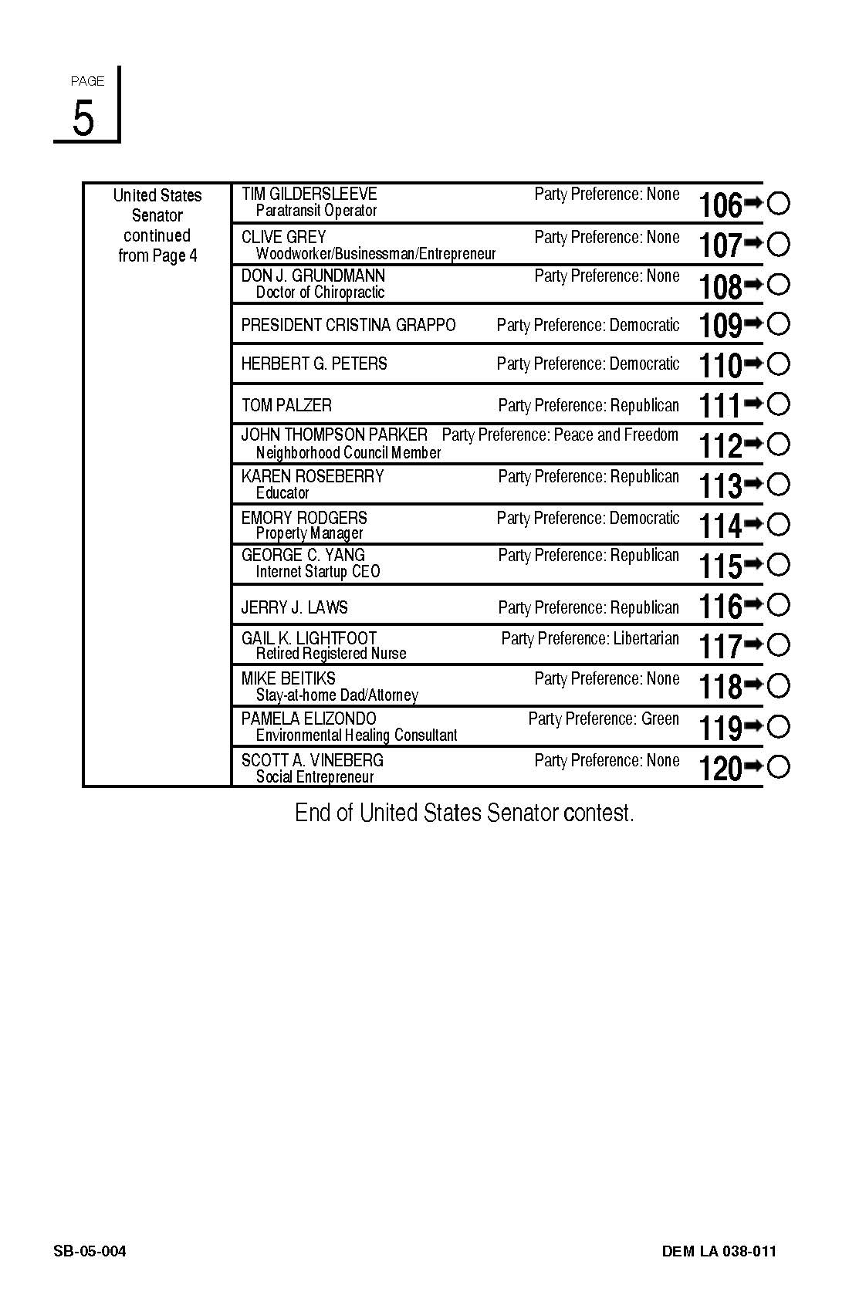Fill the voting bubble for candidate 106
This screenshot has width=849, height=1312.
(779, 204)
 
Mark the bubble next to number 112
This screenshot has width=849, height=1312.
(779, 444)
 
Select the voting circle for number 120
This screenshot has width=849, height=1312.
(779, 766)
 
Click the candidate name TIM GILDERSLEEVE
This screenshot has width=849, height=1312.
(309, 194)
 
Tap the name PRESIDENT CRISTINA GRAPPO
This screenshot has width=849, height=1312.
(348, 325)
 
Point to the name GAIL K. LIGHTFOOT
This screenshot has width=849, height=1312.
(309, 638)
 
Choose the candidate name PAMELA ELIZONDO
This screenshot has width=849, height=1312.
(309, 719)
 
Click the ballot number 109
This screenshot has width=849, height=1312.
(720, 325)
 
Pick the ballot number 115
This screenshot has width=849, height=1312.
(720, 566)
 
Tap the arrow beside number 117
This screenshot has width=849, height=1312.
(753, 643)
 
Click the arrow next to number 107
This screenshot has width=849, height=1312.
(753, 243)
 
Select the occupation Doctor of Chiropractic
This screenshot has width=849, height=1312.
(320, 292)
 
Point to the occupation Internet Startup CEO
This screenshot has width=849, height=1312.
(318, 572)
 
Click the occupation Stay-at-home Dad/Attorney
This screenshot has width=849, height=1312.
(337, 695)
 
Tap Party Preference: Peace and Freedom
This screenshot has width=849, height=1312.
(560, 435)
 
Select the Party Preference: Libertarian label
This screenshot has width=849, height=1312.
(590, 638)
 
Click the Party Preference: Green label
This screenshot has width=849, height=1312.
(604, 719)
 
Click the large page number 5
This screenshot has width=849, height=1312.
(83, 118)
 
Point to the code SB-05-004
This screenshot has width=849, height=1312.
(90, 1251)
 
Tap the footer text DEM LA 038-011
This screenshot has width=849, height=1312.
(719, 1251)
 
